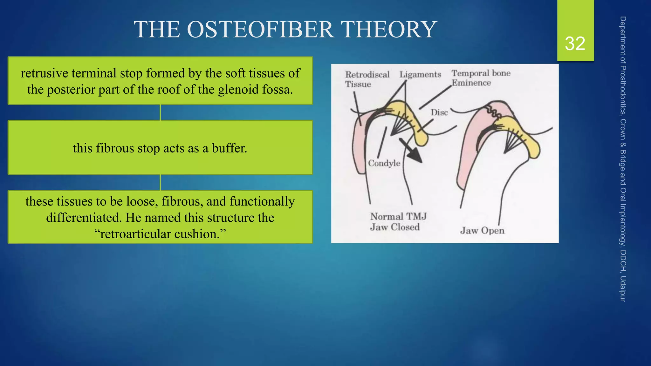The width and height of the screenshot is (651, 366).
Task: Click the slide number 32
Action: [x=575, y=44]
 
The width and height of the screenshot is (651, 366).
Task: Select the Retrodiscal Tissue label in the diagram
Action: [x=367, y=79]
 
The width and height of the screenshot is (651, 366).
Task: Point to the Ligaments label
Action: [x=420, y=74]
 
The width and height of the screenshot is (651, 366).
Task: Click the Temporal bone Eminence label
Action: [x=480, y=78]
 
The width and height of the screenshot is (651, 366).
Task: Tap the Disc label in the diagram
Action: [x=439, y=112]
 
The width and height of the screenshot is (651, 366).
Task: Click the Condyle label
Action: [x=384, y=163]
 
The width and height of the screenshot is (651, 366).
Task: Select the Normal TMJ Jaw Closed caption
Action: [x=398, y=222]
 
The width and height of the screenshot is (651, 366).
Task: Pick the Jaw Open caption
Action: [x=482, y=230]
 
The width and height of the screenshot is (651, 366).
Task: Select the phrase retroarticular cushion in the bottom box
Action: [x=160, y=234]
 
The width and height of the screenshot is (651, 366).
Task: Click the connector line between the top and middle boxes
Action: [x=160, y=112]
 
